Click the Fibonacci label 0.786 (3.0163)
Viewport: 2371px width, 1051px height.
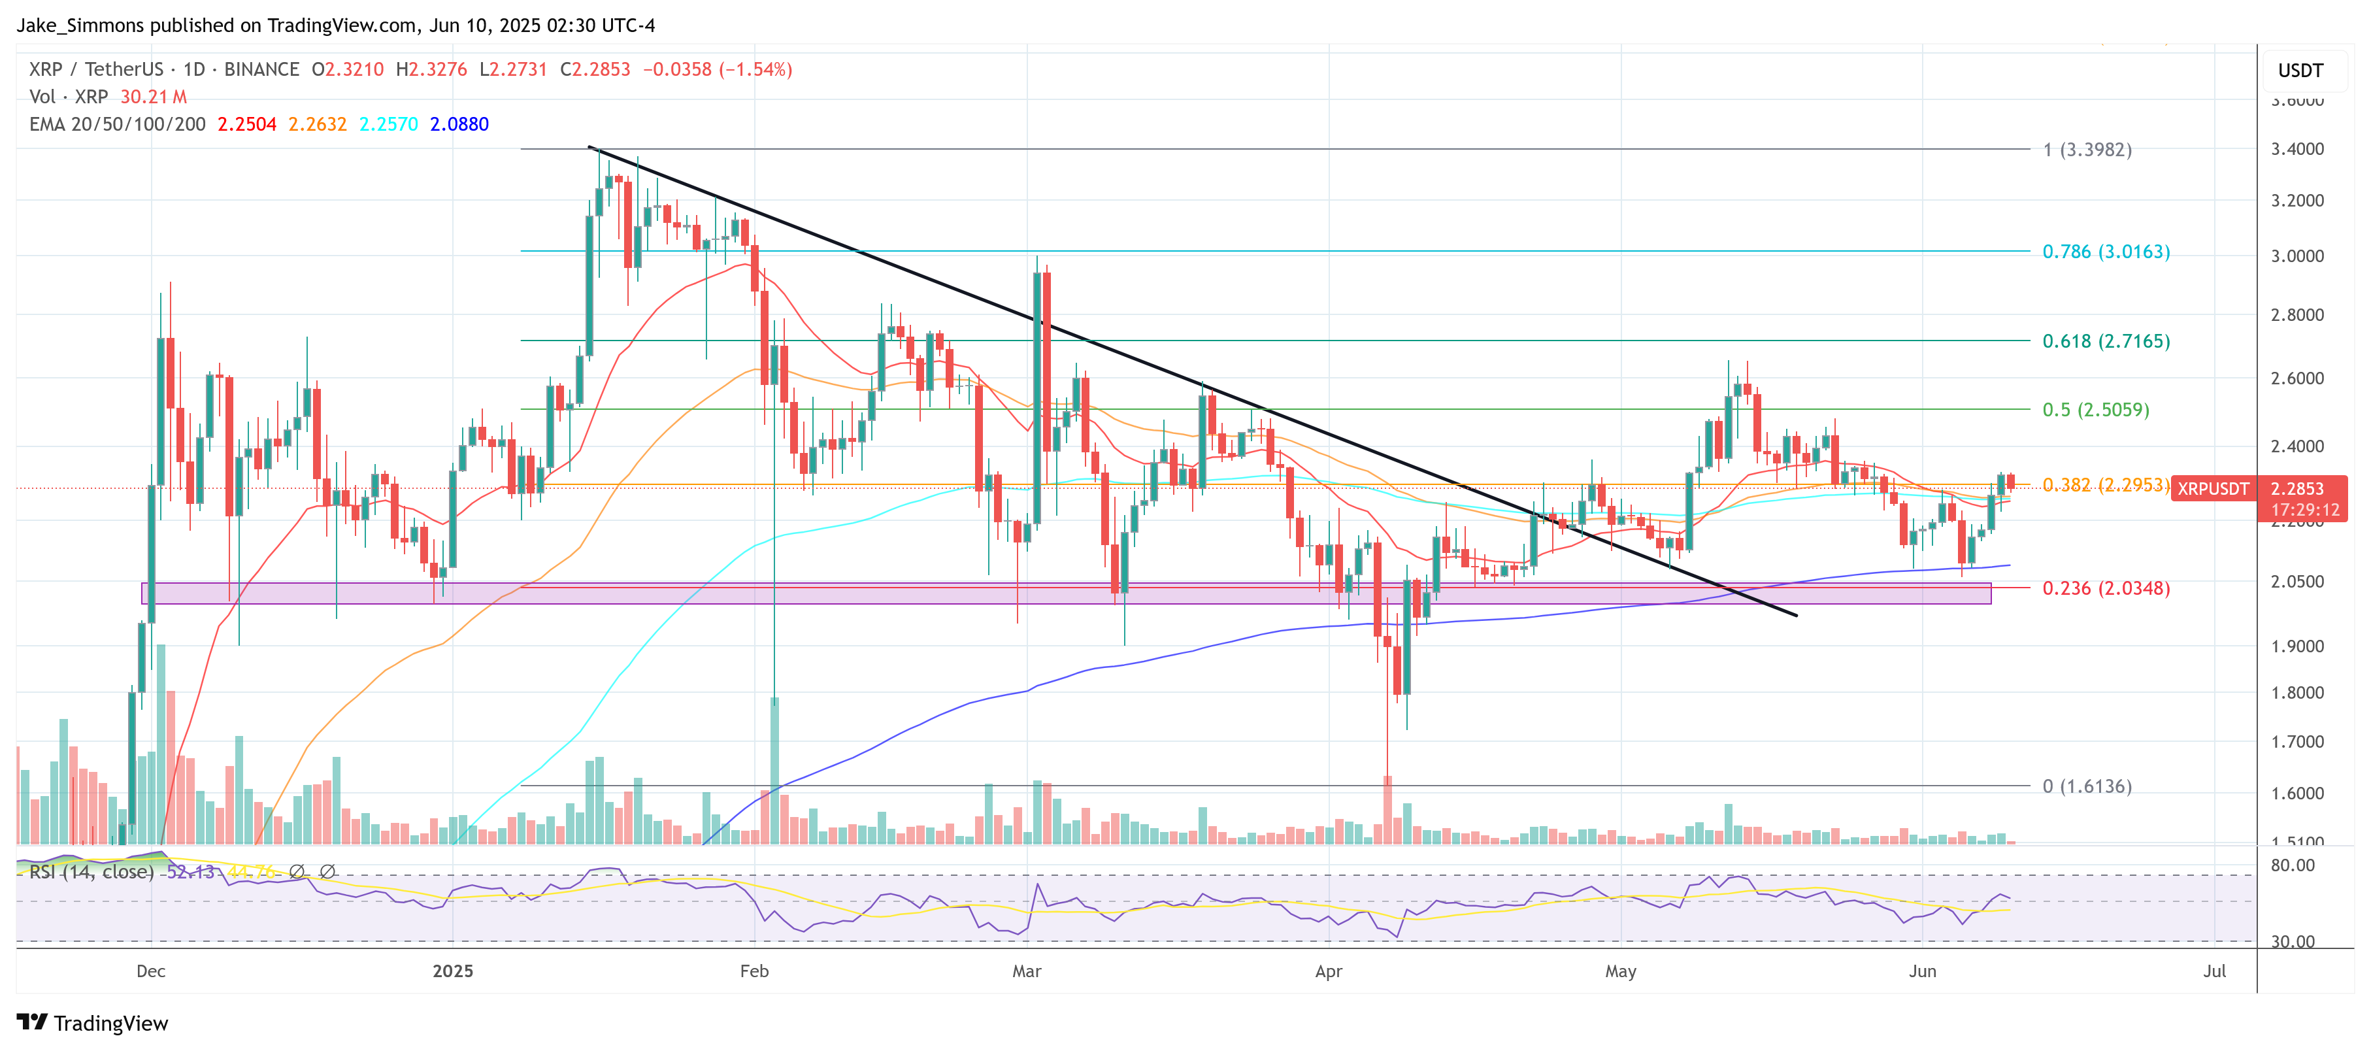pos(2105,251)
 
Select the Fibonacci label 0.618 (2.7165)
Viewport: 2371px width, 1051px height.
pos(2105,341)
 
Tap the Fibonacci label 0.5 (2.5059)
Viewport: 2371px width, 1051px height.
pos(2095,410)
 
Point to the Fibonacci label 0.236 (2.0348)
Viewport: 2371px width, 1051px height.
pos(2105,588)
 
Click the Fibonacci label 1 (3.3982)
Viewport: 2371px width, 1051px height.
pos(2087,149)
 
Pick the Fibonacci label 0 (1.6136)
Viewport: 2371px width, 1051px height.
pos(2087,786)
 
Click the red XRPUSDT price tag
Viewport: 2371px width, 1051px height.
pos(2213,489)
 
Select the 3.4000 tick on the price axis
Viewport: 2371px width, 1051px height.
pos(2296,149)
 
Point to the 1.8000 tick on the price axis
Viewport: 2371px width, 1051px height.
pos(2296,693)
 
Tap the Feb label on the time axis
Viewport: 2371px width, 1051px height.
pos(754,971)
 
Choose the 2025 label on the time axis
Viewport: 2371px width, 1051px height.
pos(453,971)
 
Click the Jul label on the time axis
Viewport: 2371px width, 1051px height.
pos(2215,971)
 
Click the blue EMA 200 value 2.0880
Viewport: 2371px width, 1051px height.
pos(459,124)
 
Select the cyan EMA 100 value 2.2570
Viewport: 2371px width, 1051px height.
pos(388,124)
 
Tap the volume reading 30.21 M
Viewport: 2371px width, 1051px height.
pos(153,97)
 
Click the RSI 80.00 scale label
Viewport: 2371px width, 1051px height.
pos(2292,865)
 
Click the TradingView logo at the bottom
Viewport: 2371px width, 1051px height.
pos(93,1024)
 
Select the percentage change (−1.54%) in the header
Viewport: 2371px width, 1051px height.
pos(755,69)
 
